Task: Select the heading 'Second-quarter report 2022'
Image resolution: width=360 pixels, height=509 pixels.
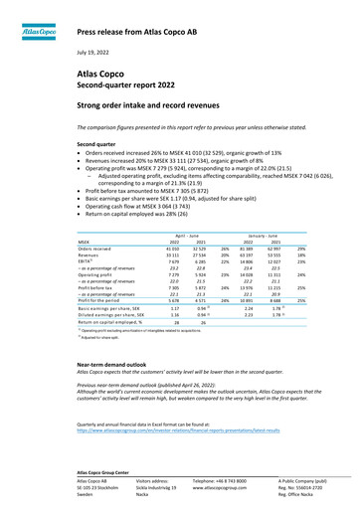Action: pyautogui.click(x=124, y=85)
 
